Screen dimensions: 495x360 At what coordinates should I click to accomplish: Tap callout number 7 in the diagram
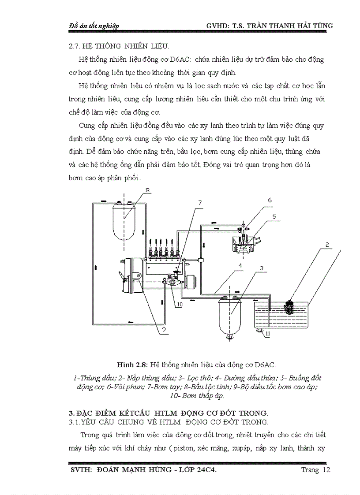199,203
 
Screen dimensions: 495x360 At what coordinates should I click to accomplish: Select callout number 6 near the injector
269,200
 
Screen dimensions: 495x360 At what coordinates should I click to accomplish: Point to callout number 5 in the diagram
274,216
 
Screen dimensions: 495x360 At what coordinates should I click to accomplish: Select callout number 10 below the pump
180,304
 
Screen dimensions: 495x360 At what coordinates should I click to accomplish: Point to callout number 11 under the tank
268,335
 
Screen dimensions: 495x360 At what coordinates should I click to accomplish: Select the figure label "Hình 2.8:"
132,365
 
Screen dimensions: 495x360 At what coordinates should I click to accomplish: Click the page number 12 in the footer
326,470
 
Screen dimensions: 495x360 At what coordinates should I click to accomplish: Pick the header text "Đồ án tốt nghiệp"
94,26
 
